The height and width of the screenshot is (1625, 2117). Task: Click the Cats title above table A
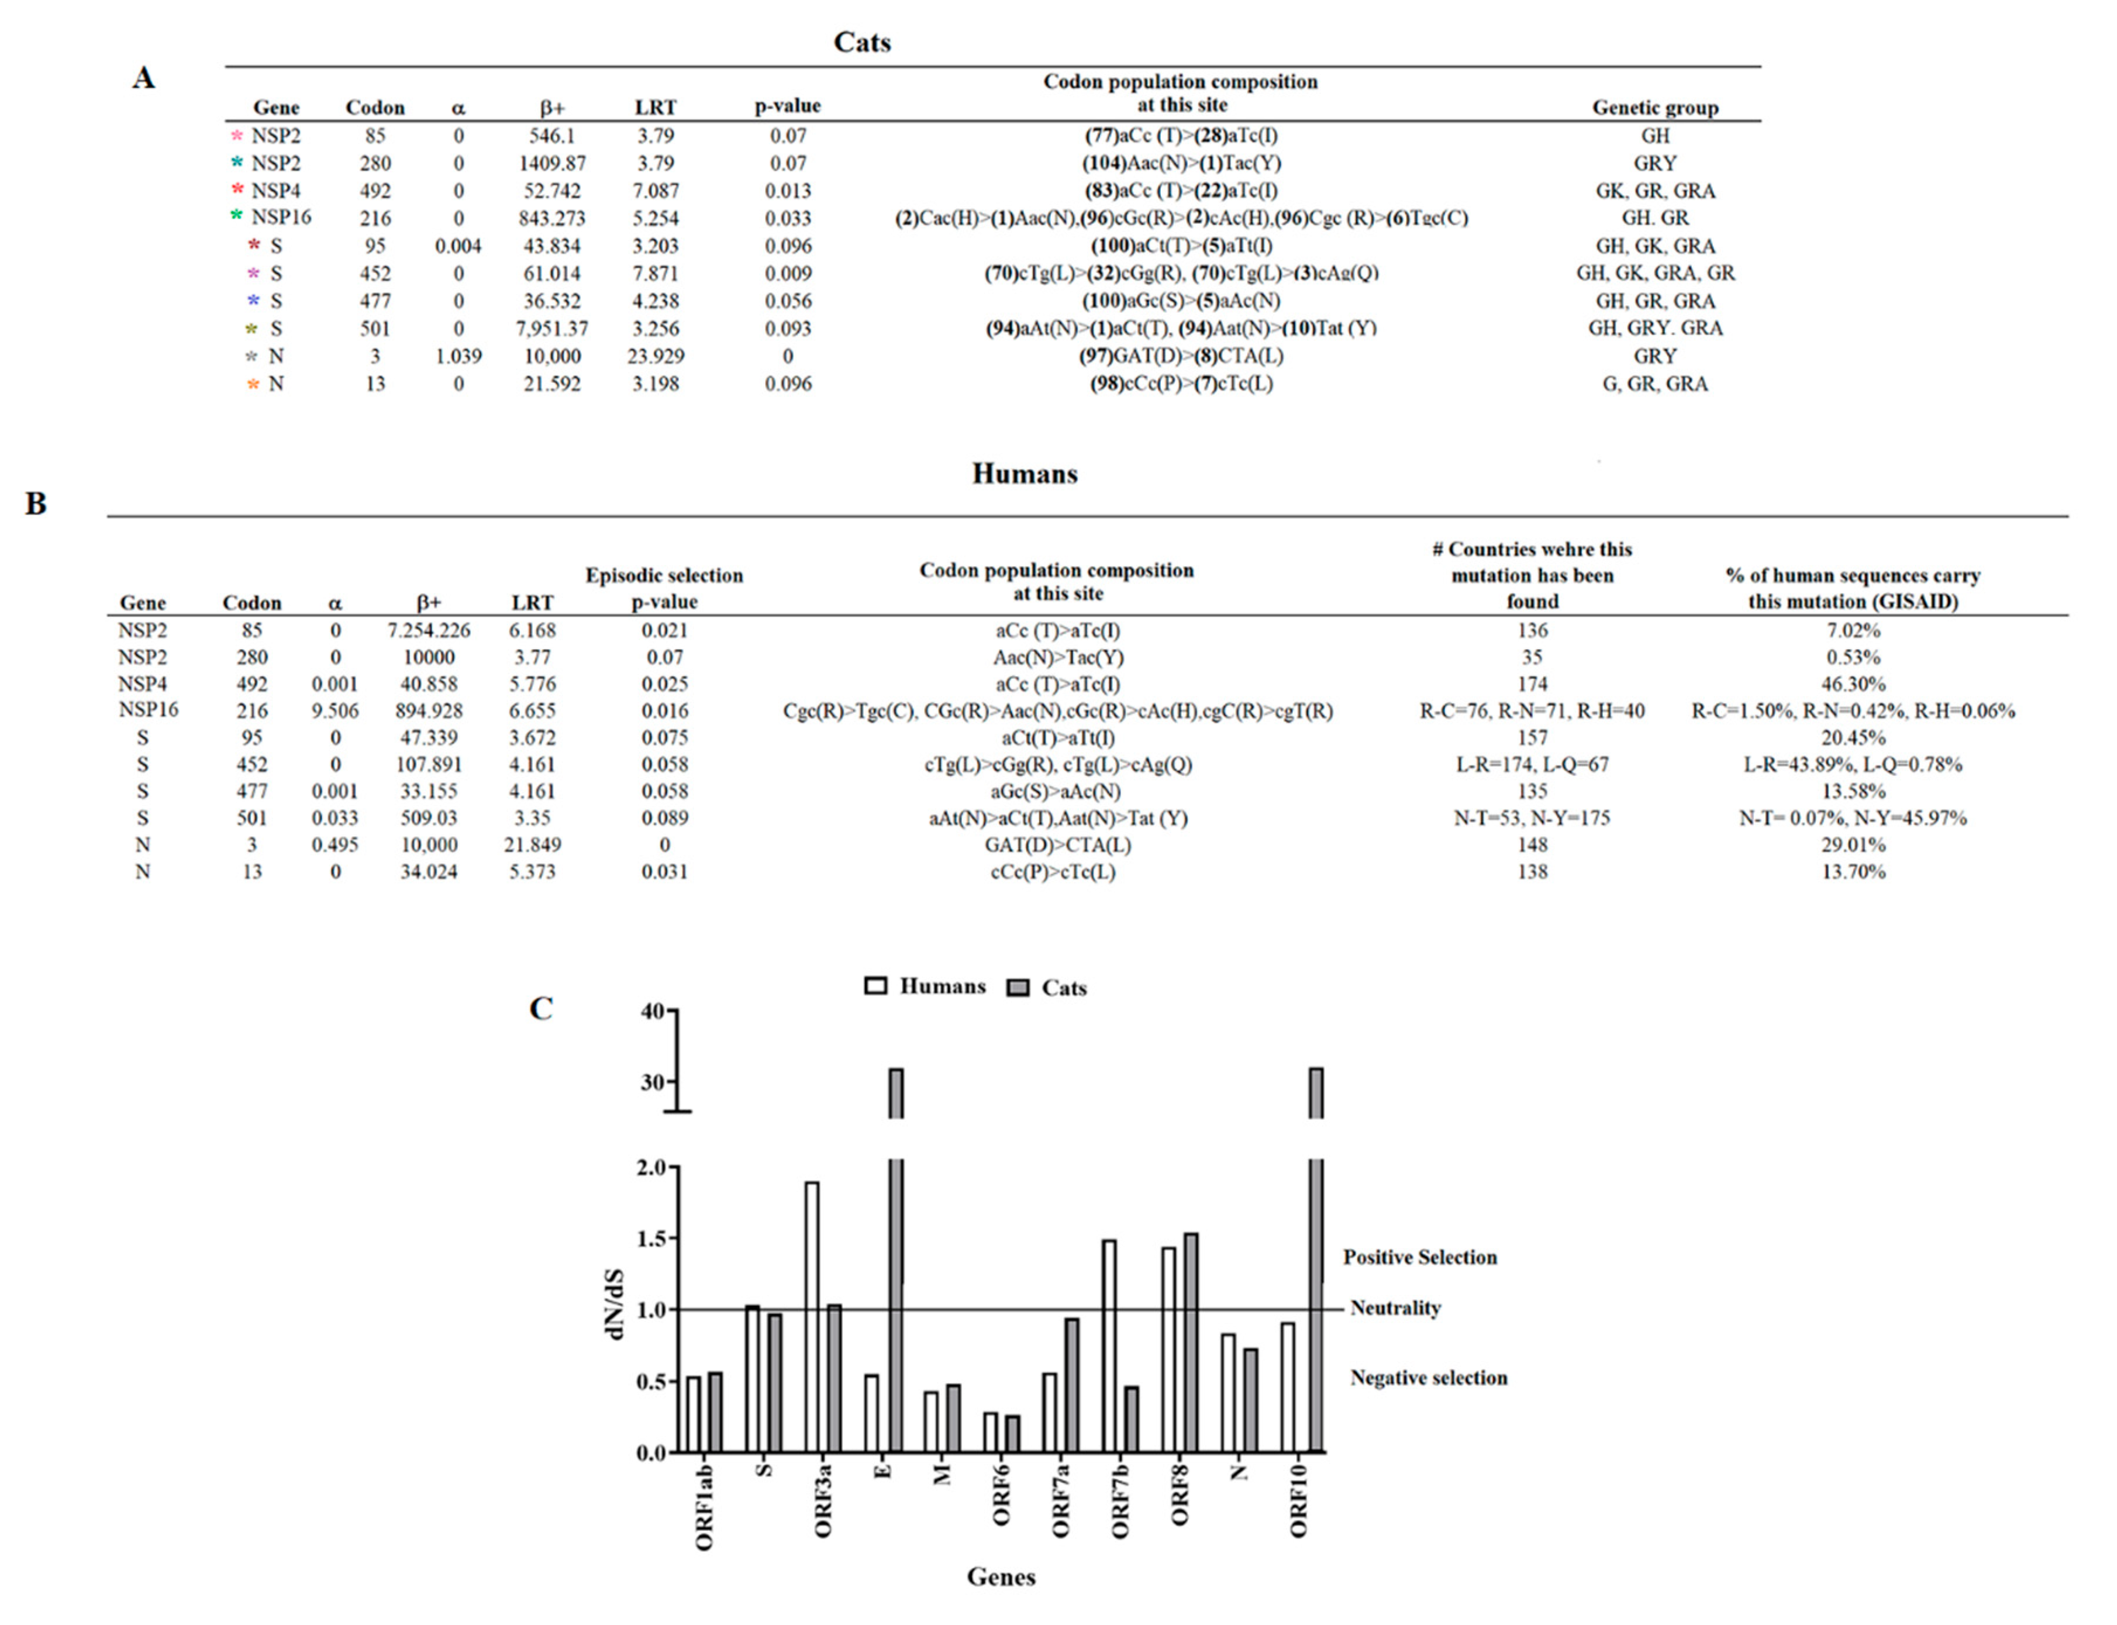861,43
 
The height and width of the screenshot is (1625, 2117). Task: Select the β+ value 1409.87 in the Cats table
551,164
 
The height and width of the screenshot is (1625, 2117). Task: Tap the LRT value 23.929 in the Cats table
655,356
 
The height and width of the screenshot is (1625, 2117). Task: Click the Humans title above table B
1023,474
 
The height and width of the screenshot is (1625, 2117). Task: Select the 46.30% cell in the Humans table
1852,684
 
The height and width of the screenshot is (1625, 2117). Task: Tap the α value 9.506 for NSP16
335,711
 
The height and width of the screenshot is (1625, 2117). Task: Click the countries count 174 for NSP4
1532,684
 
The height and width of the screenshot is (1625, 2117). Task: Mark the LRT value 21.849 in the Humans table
532,844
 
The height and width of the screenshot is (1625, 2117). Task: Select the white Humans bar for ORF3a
811,1316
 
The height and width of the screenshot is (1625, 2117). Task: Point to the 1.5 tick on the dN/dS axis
652,1239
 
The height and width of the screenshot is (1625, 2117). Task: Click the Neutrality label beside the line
1395,1307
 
